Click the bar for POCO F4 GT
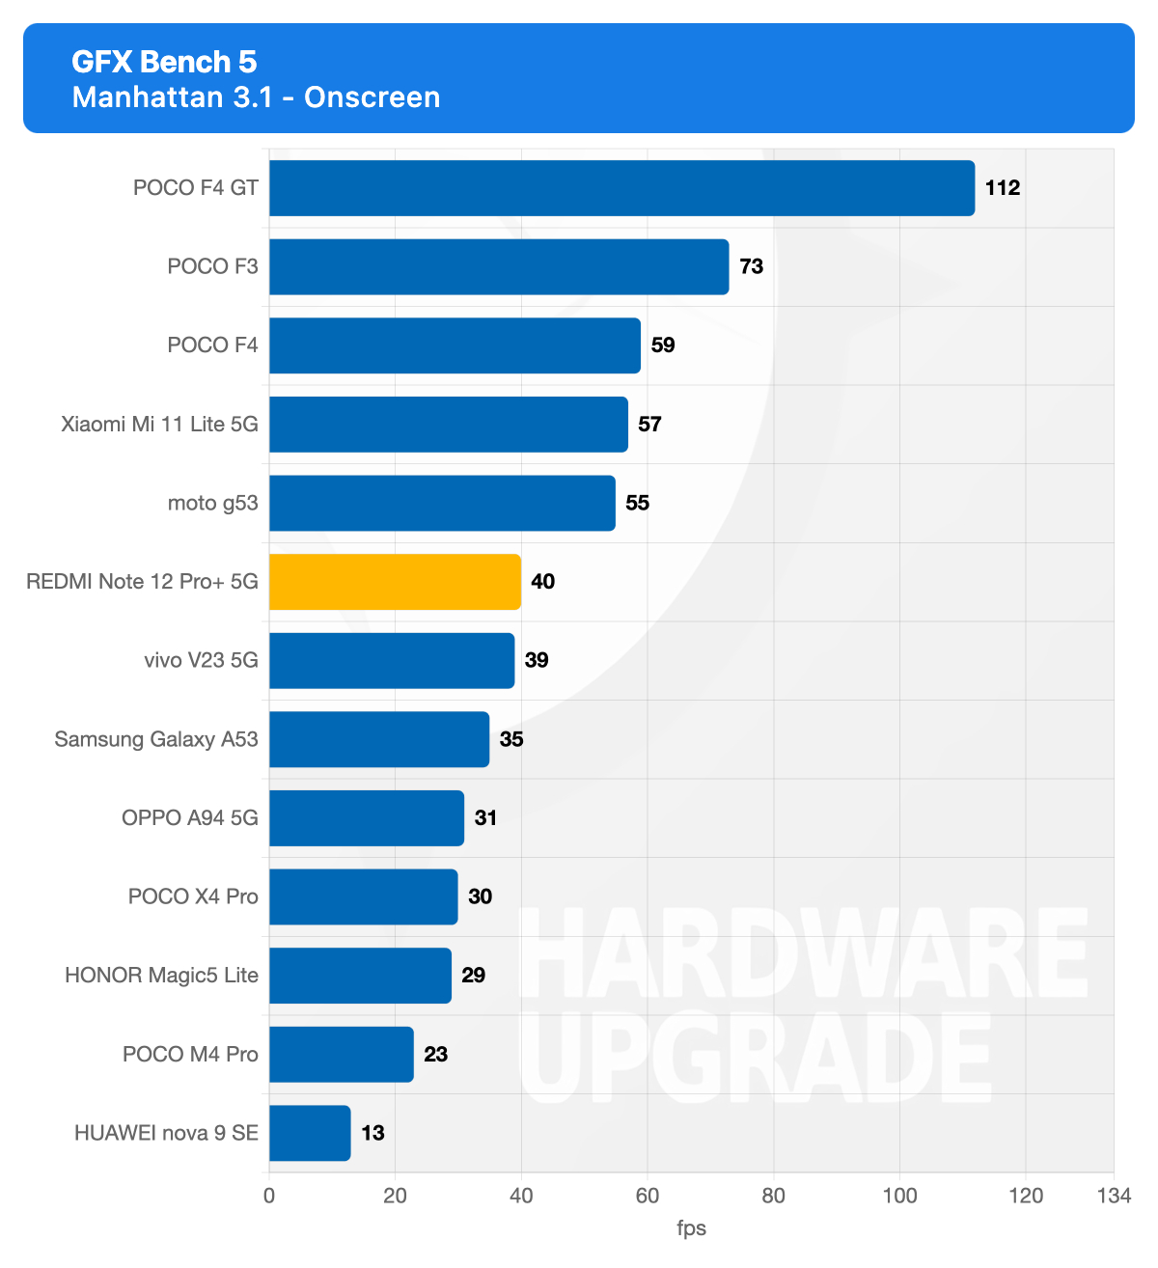[x=621, y=188]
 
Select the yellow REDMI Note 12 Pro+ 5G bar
[x=395, y=582]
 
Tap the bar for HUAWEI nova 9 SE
[x=310, y=1133]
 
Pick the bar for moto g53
[x=442, y=503]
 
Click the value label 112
[x=1003, y=188]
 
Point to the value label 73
[x=752, y=266]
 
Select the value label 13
[x=373, y=1133]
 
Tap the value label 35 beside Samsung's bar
[x=511, y=739]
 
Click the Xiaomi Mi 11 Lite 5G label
[x=159, y=425]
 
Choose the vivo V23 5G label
[x=201, y=660]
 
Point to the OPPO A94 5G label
[x=190, y=818]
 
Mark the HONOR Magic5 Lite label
[x=161, y=976]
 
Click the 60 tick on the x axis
[x=648, y=1197]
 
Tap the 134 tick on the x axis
[x=1114, y=1197]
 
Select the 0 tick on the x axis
[x=269, y=1197]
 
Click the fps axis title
[x=691, y=1228]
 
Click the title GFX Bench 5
[x=164, y=62]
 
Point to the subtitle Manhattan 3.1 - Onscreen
[x=256, y=97]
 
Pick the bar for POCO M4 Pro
[x=342, y=1055]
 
